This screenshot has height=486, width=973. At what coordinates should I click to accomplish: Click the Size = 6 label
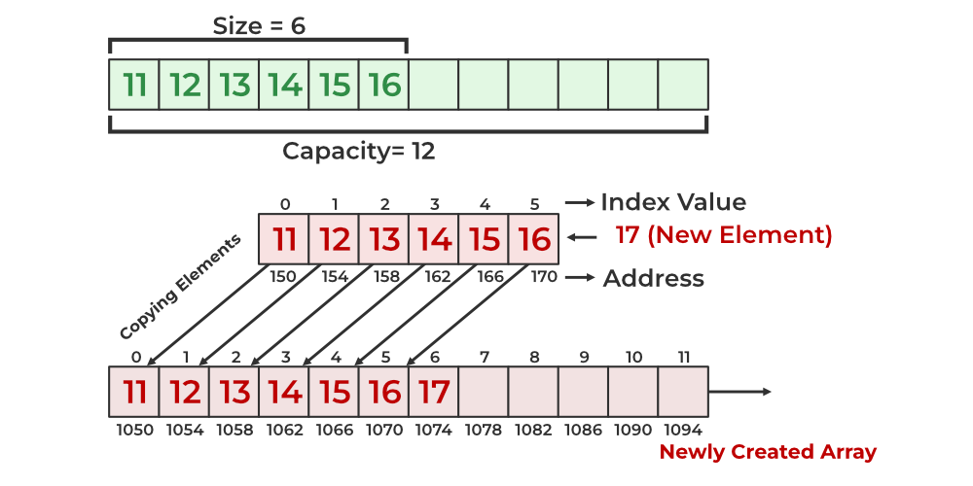pyautogui.click(x=259, y=25)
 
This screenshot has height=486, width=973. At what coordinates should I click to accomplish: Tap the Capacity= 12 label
pyautogui.click(x=359, y=152)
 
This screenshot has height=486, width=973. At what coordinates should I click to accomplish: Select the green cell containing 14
pyautogui.click(x=284, y=85)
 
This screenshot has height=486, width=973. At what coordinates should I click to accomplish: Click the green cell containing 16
pyautogui.click(x=384, y=85)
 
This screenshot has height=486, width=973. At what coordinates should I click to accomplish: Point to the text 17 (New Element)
pyautogui.click(x=724, y=235)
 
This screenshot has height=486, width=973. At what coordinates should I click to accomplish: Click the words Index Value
pyautogui.click(x=673, y=202)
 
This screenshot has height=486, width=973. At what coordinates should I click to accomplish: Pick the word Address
pyautogui.click(x=654, y=279)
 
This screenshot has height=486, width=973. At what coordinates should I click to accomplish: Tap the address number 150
pyautogui.click(x=283, y=277)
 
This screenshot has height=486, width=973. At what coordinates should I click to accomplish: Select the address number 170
pyautogui.click(x=544, y=277)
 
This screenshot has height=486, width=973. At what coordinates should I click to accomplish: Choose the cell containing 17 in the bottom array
pyautogui.click(x=434, y=392)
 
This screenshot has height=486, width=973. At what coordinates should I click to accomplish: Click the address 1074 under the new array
pyautogui.click(x=434, y=430)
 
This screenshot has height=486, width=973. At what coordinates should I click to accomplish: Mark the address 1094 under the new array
pyautogui.click(x=683, y=430)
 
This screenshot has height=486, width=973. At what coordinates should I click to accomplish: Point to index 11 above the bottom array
pyautogui.click(x=683, y=358)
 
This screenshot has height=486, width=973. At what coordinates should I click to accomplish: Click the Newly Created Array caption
pyautogui.click(x=768, y=452)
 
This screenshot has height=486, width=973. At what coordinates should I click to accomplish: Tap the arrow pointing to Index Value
pyautogui.click(x=580, y=202)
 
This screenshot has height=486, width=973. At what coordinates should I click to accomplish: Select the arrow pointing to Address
pyautogui.click(x=581, y=278)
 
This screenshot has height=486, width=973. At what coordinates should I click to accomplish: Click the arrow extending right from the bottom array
pyautogui.click(x=740, y=392)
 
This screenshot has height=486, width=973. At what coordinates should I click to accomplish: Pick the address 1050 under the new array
pyautogui.click(x=134, y=430)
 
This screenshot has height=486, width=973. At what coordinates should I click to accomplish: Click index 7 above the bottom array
pyautogui.click(x=484, y=358)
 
